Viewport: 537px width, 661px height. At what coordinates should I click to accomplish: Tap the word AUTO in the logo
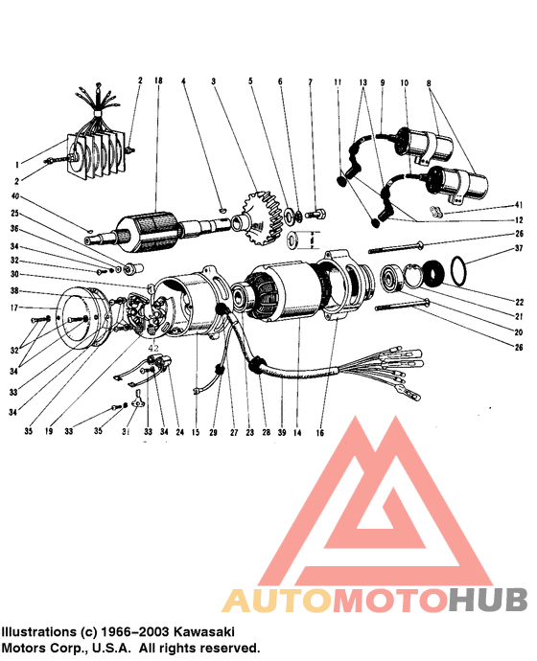277,600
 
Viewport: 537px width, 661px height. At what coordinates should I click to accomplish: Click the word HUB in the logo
488,600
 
